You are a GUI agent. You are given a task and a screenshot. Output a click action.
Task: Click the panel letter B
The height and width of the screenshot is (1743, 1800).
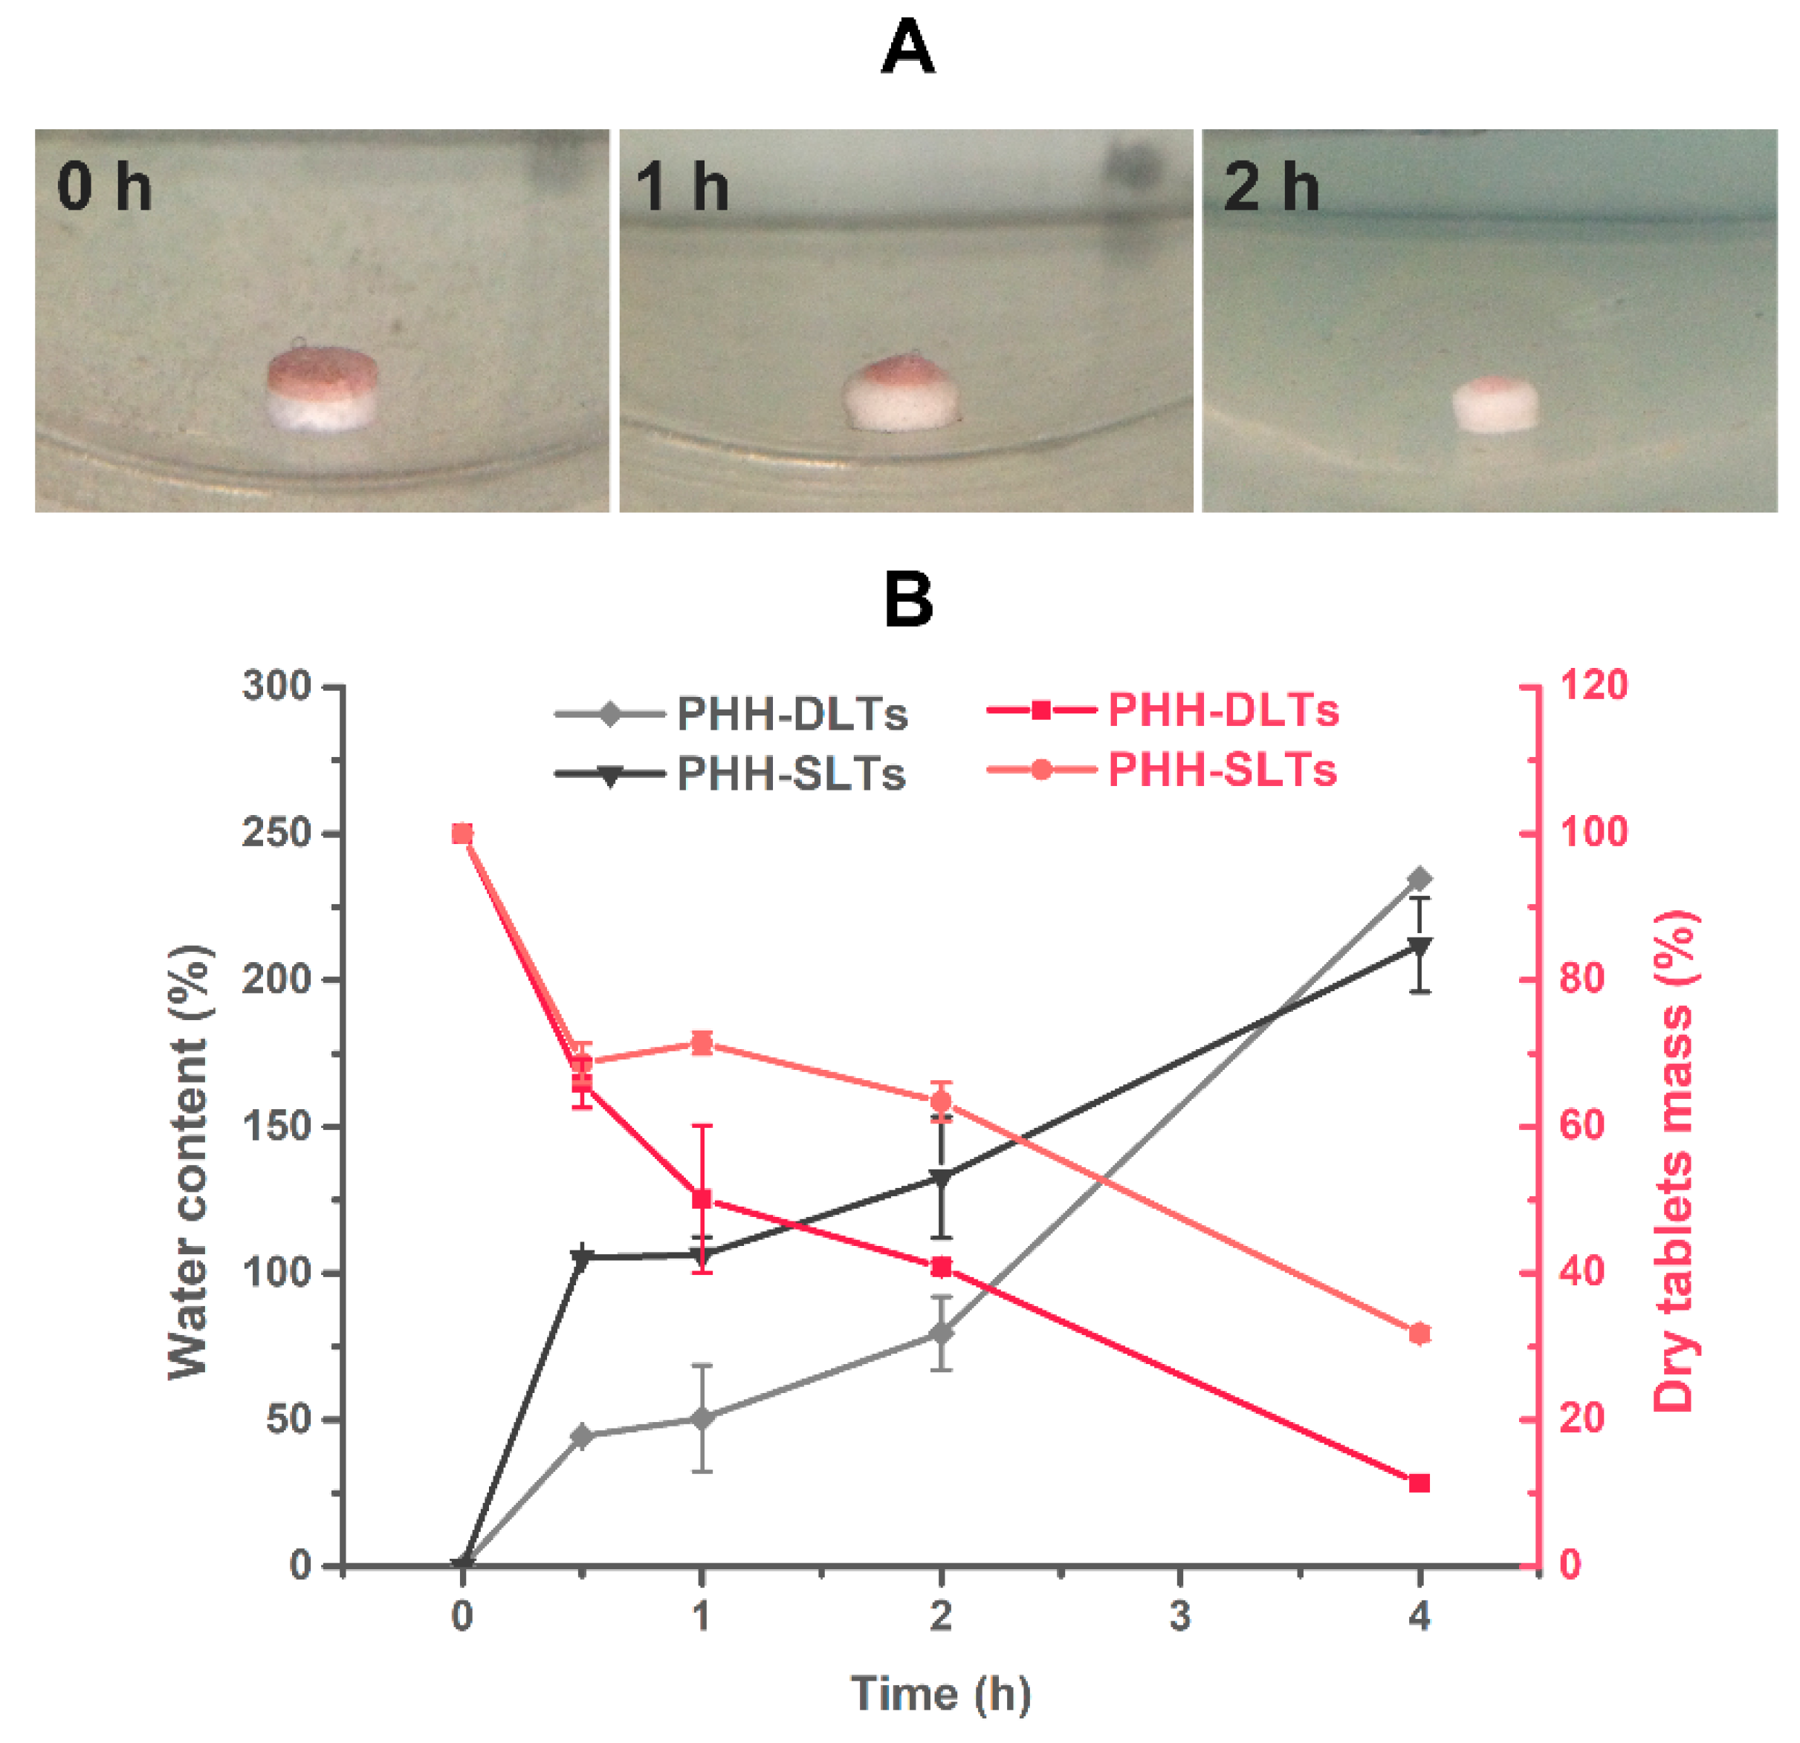point(907,600)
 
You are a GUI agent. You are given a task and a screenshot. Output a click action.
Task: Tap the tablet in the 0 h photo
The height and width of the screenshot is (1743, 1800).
point(323,389)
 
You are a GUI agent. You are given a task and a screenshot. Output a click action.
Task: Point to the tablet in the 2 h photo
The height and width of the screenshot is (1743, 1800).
point(1495,404)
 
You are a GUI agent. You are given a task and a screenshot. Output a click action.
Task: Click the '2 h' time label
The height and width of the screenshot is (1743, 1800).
point(1271,186)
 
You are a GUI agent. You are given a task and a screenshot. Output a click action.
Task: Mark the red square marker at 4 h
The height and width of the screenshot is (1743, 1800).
point(1419,1483)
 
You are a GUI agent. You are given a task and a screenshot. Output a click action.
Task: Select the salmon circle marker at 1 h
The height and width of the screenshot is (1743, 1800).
point(702,1042)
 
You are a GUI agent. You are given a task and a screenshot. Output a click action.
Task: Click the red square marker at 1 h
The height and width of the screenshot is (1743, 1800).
point(702,1199)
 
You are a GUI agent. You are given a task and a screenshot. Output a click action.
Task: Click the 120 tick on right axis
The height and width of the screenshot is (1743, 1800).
point(1593,685)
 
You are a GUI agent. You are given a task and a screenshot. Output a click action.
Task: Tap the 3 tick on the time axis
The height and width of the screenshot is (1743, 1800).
point(1180,1615)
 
